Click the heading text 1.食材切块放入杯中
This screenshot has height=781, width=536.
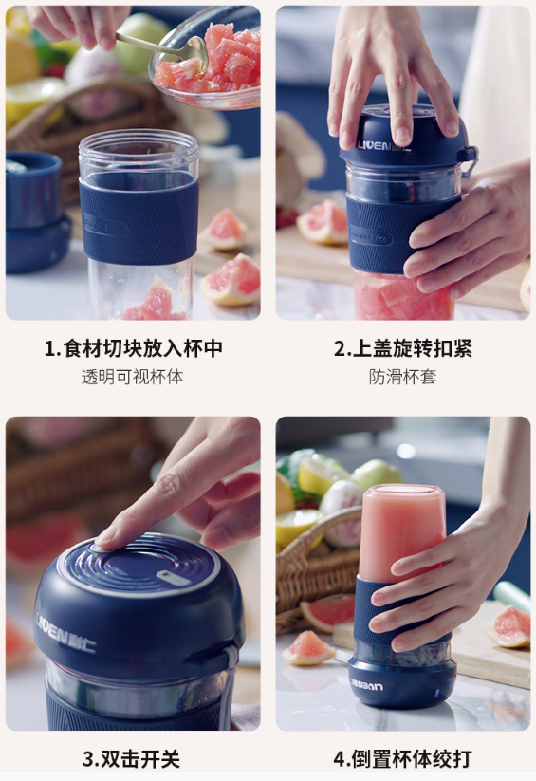click(133, 348)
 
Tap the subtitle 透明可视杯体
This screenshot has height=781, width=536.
click(133, 377)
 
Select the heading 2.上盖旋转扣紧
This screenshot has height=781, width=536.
click(403, 348)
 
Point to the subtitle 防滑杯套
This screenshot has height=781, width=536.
click(402, 377)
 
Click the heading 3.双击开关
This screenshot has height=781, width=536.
click(131, 759)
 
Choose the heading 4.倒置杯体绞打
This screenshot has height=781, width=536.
click(402, 759)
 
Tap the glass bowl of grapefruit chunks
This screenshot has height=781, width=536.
click(205, 63)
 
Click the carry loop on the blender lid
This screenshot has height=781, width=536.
click(468, 160)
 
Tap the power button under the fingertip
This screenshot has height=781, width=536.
click(98, 548)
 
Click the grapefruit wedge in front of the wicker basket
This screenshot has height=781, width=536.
click(309, 648)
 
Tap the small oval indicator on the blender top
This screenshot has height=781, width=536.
click(173, 578)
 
